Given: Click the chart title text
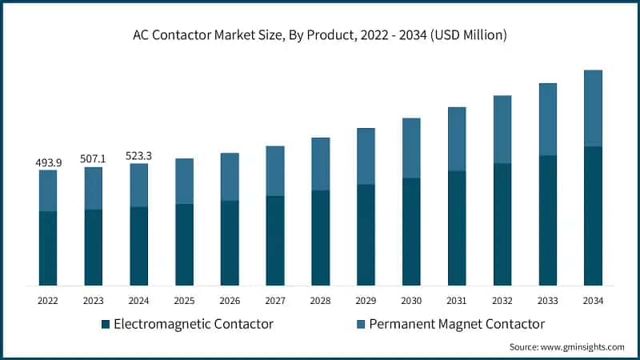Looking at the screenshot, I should (320, 35).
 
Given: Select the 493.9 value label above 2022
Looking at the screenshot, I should (48, 162).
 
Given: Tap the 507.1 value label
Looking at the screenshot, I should (94, 159).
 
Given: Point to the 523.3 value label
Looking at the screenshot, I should (139, 156).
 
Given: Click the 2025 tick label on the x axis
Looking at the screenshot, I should (184, 301).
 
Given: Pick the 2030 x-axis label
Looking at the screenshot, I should (411, 301).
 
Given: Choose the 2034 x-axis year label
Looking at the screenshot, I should (593, 301).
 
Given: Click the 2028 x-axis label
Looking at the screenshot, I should (320, 301).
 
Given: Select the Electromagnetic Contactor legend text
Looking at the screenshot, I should (194, 324).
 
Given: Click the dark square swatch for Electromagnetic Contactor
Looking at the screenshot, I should (105, 325).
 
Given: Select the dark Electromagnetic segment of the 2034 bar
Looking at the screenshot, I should (593, 216).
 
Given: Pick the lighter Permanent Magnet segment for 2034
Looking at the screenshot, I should (593, 108).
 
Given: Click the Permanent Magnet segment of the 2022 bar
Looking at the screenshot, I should (48, 190).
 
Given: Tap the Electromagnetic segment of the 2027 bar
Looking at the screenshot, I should (275, 240).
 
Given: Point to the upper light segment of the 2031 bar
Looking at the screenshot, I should (457, 139).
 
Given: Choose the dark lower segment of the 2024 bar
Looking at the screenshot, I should (139, 246).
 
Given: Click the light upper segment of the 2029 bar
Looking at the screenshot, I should (366, 156).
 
